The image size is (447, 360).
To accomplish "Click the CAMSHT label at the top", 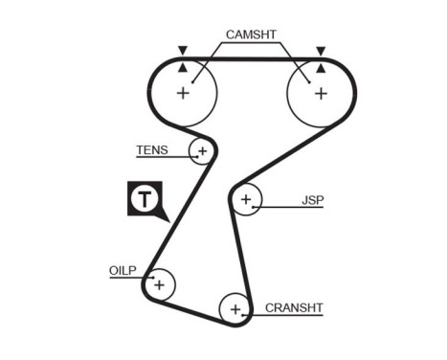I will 251,34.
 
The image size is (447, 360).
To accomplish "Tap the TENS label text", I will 151,150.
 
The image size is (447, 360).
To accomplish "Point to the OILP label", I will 122,271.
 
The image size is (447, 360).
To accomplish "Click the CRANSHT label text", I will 295,307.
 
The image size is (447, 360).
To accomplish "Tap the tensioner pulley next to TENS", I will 201,150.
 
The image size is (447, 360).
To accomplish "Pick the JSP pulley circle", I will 246,200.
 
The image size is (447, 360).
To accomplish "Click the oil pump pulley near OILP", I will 158,284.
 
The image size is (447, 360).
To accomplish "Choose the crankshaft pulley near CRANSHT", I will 234,308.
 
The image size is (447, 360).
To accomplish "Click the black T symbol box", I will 144,199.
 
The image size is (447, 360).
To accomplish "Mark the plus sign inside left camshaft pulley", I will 183,93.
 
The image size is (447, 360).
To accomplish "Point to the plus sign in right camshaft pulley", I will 321,93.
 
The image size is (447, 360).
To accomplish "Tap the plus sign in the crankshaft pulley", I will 234,309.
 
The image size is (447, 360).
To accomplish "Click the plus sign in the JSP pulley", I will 246,200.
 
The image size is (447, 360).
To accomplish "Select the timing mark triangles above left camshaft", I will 182,57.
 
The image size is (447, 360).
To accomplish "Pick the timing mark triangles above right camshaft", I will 321,57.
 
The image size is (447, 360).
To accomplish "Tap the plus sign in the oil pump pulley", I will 159,284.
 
